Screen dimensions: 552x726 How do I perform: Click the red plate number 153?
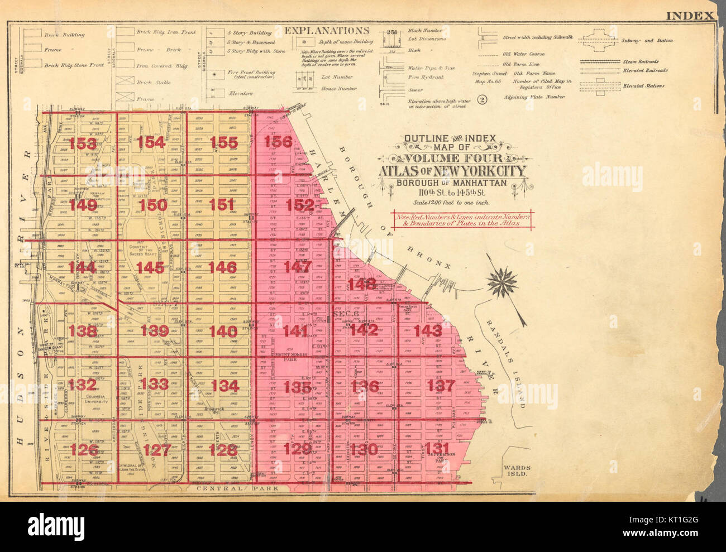point(83,143)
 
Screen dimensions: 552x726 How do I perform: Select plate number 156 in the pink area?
point(278,142)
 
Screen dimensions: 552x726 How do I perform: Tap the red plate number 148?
point(362,284)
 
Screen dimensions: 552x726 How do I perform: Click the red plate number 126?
point(84,449)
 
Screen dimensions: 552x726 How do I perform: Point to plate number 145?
point(150,268)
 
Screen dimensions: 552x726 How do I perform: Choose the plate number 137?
point(441,385)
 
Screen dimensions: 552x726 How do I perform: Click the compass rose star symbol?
point(501,282)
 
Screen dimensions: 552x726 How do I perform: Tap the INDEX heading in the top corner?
point(690,16)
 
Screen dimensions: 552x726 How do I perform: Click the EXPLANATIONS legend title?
point(327,31)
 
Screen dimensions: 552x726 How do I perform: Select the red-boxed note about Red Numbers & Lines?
point(462,219)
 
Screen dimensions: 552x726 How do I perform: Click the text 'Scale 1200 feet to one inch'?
point(452,203)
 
